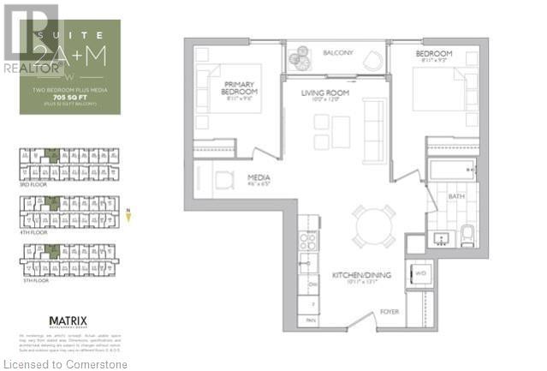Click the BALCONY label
(x=338, y=52)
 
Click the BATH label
(x=456, y=197)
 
